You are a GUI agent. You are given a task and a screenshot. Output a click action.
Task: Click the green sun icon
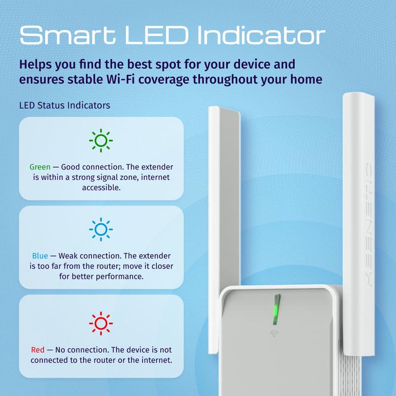101,141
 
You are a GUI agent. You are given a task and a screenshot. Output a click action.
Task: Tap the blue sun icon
101,230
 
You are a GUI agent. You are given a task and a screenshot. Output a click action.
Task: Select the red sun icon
101,323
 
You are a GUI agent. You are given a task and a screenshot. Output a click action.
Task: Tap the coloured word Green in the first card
40,167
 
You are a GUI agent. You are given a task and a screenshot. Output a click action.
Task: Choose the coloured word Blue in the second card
40,256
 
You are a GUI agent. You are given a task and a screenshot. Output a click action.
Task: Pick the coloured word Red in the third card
37,350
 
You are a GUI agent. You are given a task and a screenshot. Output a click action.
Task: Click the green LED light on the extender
277,309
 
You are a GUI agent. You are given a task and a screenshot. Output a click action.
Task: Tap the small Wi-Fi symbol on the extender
274,333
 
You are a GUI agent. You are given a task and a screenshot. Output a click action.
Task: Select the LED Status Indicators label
64,105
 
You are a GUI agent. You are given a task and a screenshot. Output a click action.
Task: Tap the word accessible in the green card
101,188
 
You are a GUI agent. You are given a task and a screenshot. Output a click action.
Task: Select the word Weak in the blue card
69,256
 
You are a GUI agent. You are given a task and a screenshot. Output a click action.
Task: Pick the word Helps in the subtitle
36,64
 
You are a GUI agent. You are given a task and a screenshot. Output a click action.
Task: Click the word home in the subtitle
305,79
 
